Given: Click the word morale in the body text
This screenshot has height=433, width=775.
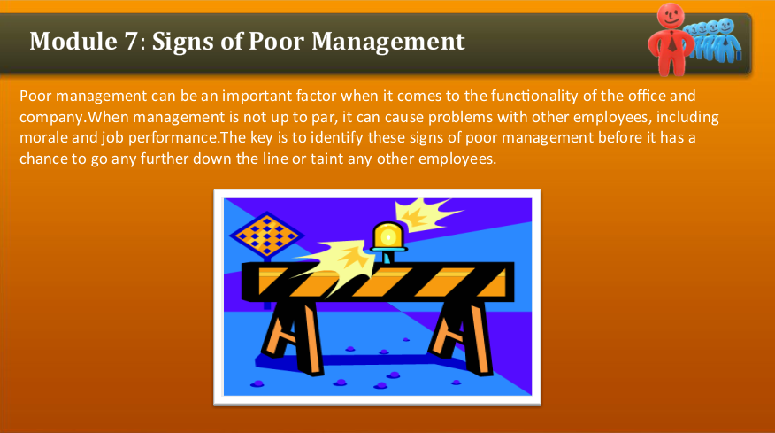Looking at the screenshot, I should coord(42,138).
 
